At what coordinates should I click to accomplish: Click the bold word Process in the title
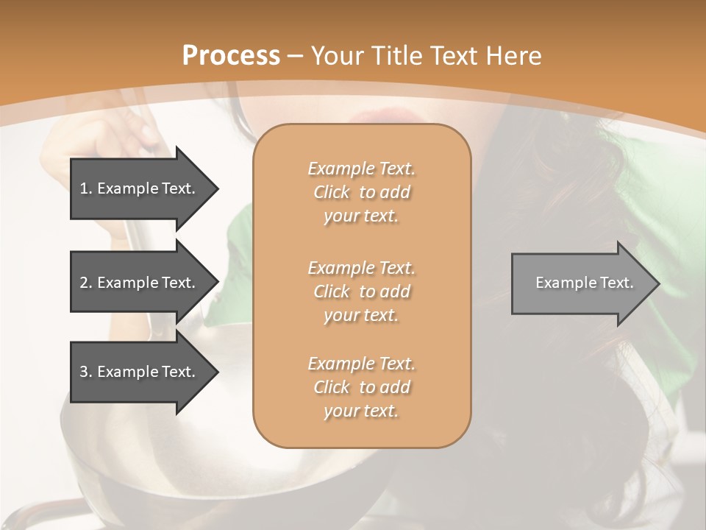tap(231, 56)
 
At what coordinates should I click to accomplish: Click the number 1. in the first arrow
tap(86, 188)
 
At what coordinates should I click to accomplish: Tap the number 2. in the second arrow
tap(86, 283)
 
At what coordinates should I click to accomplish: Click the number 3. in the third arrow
tap(86, 372)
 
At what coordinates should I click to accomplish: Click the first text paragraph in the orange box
tap(361, 192)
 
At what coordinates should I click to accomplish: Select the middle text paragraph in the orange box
tap(361, 291)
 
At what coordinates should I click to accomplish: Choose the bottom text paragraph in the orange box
tap(361, 387)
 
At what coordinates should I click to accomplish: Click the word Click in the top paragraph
tap(332, 192)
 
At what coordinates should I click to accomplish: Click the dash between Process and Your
tap(296, 56)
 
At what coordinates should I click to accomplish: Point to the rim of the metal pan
tap(221, 471)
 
